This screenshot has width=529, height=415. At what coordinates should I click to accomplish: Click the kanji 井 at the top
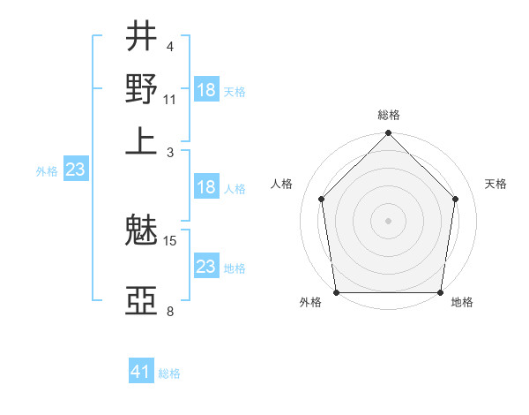pos(141,36)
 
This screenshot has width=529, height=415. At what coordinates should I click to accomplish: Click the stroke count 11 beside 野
pos(170,99)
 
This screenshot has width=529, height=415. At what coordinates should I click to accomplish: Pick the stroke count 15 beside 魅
pos(170,240)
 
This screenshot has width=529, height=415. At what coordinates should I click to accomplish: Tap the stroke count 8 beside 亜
pos(169,311)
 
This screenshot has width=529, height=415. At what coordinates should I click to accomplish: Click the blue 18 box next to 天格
pos(206,90)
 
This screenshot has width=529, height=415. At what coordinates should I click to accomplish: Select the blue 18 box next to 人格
pos(206,187)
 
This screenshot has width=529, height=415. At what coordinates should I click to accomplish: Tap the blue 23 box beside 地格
pos(206,267)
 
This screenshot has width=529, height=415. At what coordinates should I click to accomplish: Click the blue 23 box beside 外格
pos(75,170)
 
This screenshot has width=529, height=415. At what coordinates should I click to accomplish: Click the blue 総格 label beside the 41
pos(169,373)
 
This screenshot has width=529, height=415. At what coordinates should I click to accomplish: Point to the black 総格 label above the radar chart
pos(389,115)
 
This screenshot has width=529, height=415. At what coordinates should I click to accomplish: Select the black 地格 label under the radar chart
pos(462,303)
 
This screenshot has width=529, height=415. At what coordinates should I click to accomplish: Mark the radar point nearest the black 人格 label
pos(322,199)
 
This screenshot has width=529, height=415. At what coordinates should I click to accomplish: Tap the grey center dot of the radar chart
pos(389,220)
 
